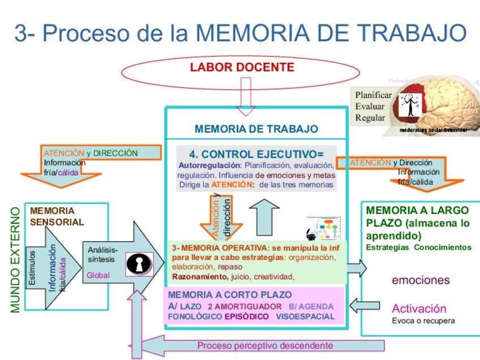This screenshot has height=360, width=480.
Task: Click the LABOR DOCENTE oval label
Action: pos(242,67)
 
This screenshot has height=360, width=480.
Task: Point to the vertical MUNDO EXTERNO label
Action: pos(16,259)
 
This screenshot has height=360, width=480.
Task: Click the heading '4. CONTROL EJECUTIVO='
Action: pos(256,154)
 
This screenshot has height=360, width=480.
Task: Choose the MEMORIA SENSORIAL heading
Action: pos(57,217)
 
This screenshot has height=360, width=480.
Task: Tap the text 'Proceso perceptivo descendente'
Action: pos(265,345)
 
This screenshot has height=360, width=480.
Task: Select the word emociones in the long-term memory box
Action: pos(421,280)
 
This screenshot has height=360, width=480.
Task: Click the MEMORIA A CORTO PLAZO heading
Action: pos(230,295)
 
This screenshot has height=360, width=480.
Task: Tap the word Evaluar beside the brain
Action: pos(370,106)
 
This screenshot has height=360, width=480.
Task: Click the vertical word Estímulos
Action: pos(32,269)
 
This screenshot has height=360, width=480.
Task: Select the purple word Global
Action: pos(98,275)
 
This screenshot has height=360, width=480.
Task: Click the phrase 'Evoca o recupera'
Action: pos(423,321)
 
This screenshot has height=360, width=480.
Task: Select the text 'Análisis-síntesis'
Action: pos(103,254)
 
